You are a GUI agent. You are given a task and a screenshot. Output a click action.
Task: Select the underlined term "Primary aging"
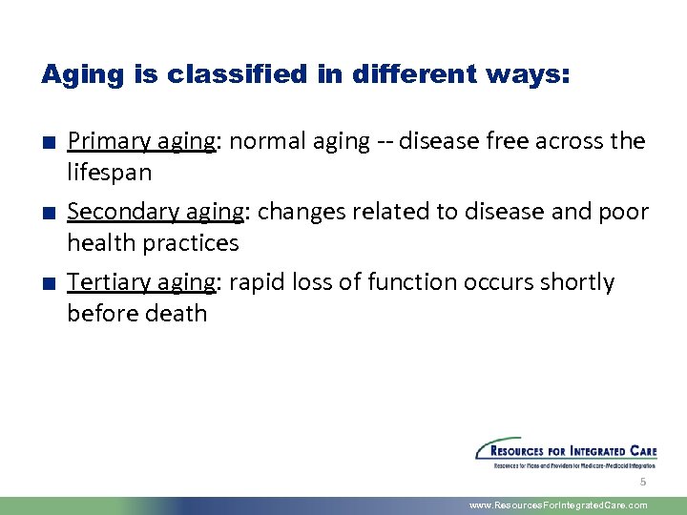(141, 142)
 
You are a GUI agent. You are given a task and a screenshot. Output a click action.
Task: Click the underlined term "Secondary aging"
(155, 212)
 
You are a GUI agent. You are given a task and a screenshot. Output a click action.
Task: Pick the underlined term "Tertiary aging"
(141, 282)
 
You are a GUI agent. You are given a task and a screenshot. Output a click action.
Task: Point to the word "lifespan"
(110, 174)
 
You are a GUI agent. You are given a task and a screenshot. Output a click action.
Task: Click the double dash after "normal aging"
(385, 142)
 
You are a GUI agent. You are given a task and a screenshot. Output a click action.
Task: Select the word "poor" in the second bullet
(625, 212)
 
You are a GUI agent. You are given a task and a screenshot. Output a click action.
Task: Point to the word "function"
(414, 282)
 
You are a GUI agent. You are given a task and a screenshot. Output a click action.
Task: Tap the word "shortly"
(577, 282)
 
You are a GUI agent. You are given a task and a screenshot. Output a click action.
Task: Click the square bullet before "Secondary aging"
(47, 213)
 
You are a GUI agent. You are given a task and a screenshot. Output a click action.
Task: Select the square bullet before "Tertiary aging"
(47, 283)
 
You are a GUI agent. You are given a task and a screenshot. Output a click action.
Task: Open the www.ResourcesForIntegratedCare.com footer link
(558, 505)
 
